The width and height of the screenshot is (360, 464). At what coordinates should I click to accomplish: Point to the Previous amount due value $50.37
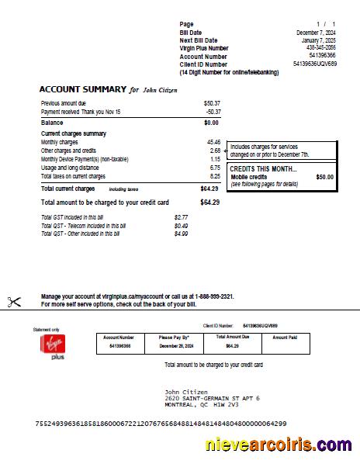coord(211,102)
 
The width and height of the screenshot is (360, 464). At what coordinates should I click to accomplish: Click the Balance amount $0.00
coord(211,123)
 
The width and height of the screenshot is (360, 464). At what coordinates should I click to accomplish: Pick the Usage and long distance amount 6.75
coord(215,168)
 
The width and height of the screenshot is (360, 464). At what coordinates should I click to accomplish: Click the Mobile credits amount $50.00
coord(324,177)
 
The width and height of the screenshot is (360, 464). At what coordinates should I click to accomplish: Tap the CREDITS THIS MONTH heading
coord(263,168)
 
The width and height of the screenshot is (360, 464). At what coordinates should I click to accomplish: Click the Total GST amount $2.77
coord(181,217)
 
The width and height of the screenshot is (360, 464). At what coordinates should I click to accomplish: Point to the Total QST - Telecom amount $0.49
coord(181,225)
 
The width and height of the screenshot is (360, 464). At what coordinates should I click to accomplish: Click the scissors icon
coord(14,302)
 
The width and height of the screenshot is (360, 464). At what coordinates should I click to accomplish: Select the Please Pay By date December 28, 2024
coord(175,346)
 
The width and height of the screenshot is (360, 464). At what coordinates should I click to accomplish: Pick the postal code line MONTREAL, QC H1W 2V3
coord(201,404)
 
